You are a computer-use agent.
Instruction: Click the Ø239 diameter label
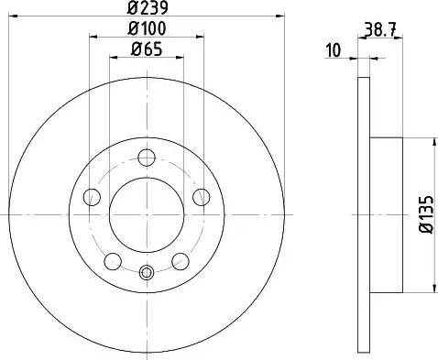147,9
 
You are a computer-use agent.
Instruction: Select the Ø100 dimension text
147,29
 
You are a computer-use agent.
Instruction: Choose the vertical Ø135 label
423,214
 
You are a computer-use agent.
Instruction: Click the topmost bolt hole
146,157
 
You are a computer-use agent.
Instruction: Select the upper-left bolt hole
90,195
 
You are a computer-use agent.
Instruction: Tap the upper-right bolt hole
201,195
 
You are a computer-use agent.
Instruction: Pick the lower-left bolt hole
111,260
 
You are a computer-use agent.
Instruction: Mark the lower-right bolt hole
181,260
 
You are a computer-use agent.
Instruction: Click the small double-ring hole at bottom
146,271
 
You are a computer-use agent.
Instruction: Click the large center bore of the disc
146,214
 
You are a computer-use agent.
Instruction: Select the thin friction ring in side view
363,214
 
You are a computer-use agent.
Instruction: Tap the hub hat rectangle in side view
385,214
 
